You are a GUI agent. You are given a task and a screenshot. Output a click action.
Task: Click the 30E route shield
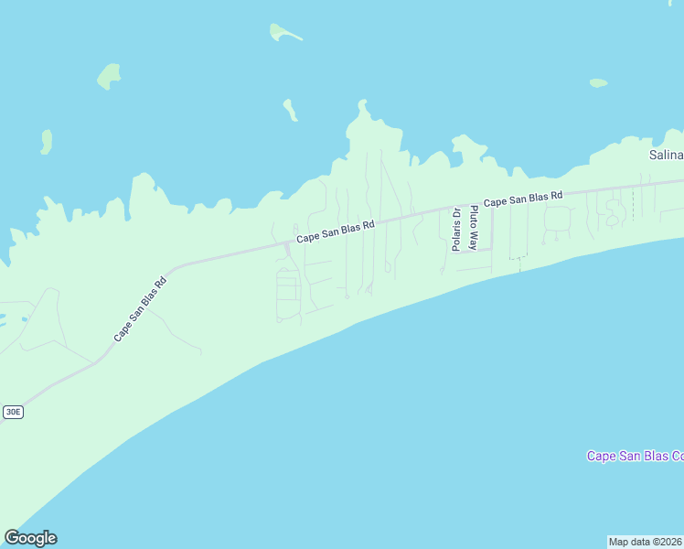click(x=13, y=412)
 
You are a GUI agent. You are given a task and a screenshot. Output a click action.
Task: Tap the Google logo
click(x=30, y=538)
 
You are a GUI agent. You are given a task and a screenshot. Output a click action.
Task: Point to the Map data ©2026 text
click(x=646, y=542)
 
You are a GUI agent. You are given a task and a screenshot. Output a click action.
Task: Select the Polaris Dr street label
click(x=455, y=230)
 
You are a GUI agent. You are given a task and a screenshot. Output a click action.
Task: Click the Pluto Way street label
click(x=474, y=229)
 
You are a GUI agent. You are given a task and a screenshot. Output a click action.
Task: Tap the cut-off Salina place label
click(x=666, y=155)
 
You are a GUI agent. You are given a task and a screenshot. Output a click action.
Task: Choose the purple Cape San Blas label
click(x=635, y=456)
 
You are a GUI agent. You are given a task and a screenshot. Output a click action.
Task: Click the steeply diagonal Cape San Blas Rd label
click(x=140, y=309)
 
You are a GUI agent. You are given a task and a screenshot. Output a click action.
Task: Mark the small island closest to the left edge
click(x=47, y=141)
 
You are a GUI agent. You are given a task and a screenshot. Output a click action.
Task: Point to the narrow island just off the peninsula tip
click(x=290, y=110)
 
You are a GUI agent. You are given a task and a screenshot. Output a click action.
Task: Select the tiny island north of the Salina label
click(x=598, y=83)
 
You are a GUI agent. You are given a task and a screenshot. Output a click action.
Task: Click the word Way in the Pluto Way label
click(x=474, y=242)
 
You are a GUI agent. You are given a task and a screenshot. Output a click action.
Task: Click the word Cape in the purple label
click(x=601, y=456)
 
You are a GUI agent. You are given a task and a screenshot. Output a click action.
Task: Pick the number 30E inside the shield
click(x=13, y=412)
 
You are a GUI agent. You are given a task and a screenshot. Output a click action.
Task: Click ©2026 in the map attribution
click(x=666, y=542)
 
